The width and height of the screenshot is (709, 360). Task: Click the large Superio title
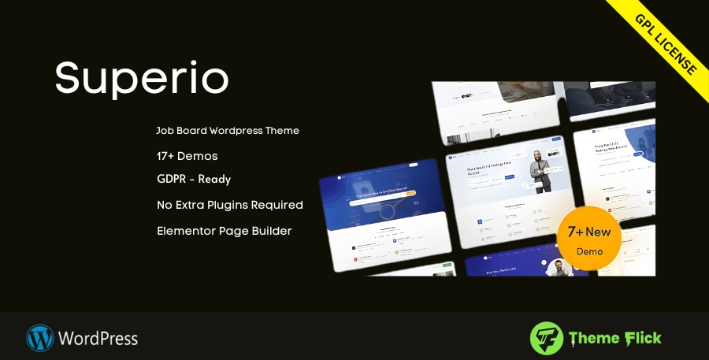tap(142, 78)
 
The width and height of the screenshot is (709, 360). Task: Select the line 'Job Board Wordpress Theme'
tap(228, 130)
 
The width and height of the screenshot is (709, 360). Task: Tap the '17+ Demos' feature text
tap(187, 155)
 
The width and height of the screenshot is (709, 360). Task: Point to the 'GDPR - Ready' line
tap(194, 179)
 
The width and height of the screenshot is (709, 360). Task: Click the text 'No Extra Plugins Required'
tap(229, 205)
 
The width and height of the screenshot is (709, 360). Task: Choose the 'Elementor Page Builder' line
tap(224, 231)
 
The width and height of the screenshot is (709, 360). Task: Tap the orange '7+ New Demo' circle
tap(588, 238)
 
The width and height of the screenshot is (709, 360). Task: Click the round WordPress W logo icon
tap(39, 338)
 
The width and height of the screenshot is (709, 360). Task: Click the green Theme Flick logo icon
tap(546, 338)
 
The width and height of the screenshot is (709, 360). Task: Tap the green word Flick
tap(641, 338)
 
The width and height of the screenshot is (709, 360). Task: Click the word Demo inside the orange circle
tap(588, 251)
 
